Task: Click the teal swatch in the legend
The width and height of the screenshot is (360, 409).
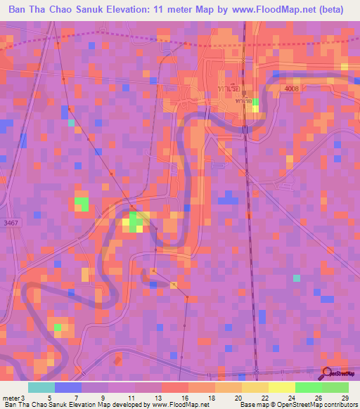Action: [x=41, y=387]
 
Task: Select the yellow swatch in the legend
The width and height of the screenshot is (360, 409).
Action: [x=282, y=387]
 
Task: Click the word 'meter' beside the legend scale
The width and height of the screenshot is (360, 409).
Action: [x=13, y=398]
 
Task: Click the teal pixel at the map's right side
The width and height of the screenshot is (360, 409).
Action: [x=296, y=278]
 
